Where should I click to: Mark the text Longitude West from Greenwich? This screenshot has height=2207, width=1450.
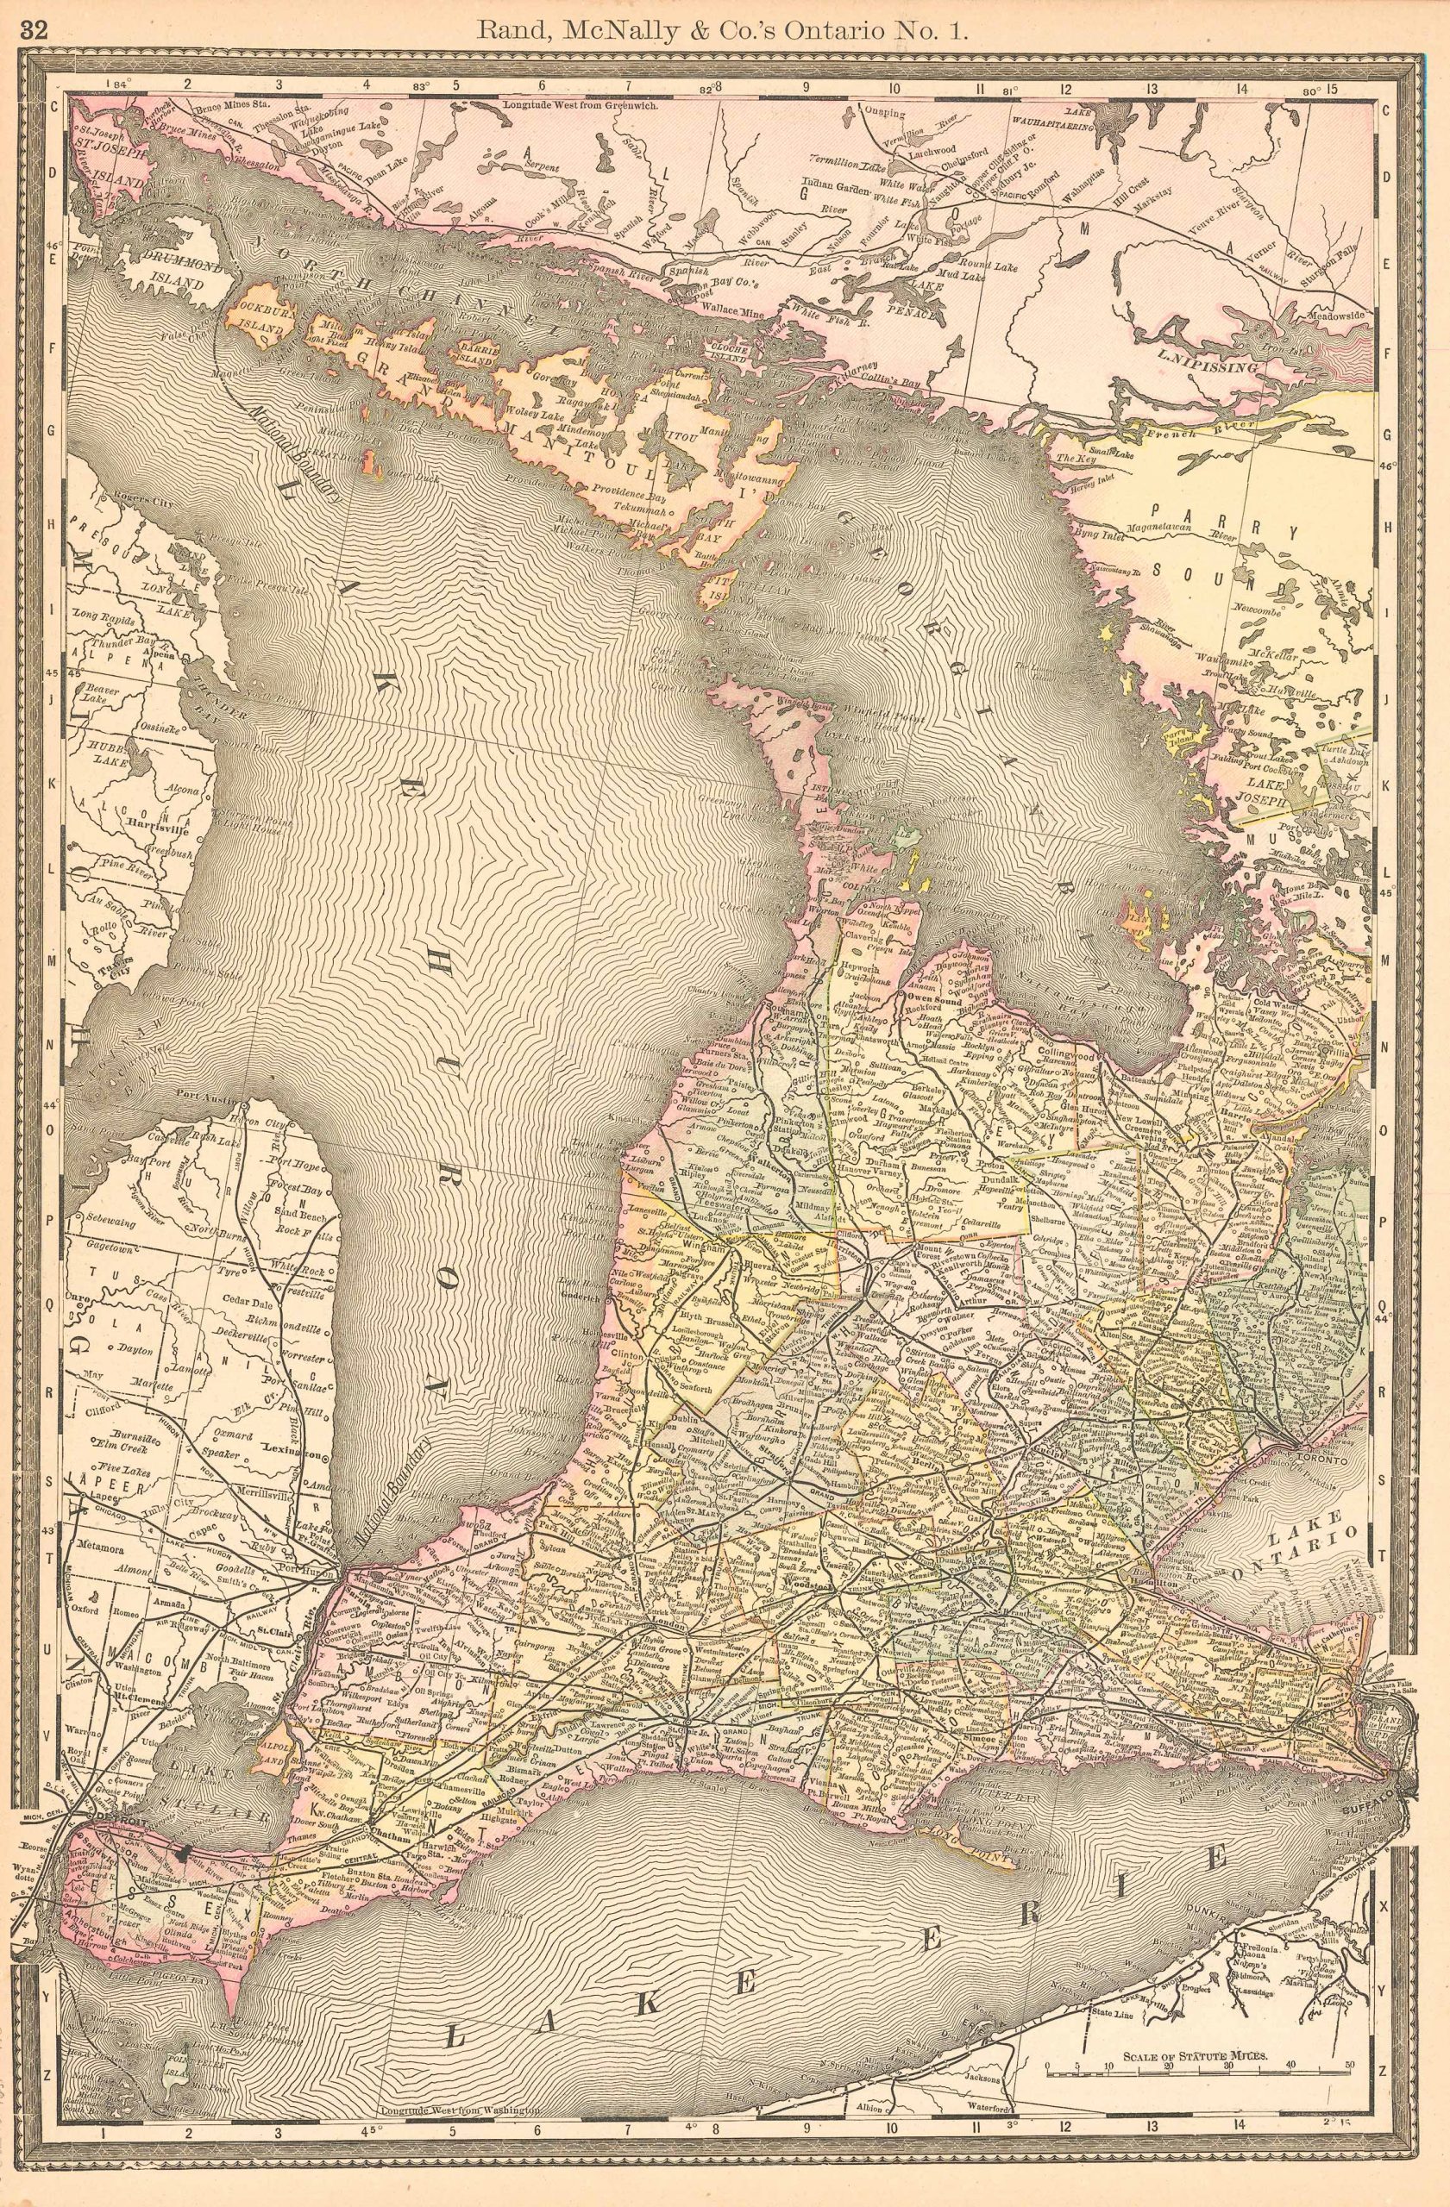[x=581, y=105]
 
